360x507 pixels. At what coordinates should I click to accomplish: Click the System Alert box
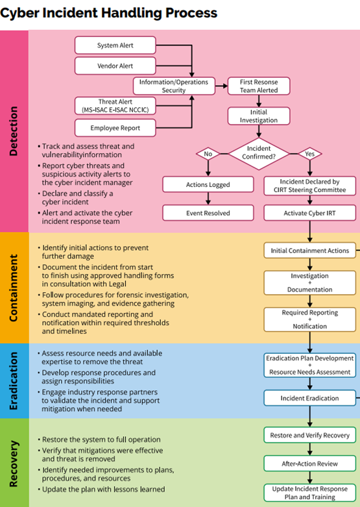coord(115,45)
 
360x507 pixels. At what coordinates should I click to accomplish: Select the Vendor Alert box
coord(115,66)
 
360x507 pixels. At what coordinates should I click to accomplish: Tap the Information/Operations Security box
coord(174,86)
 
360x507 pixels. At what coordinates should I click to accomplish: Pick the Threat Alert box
coord(115,106)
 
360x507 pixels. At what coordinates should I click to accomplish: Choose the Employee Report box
coord(115,128)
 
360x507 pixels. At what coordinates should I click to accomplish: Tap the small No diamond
coord(208,155)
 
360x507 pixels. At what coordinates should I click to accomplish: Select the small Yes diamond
coord(309,155)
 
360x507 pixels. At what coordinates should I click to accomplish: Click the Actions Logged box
coord(208,184)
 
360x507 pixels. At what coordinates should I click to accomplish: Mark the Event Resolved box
coord(208,212)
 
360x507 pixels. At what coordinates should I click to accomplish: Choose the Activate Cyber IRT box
coord(310,212)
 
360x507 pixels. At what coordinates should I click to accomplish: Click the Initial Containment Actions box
coord(310,250)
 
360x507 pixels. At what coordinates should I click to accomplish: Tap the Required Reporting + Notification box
coord(310,319)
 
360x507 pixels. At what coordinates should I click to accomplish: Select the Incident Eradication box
coord(310,397)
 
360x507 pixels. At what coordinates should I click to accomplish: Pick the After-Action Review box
coord(310,464)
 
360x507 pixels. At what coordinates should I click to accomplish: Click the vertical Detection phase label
coord(14,130)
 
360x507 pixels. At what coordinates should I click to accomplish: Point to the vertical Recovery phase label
coord(14,463)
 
